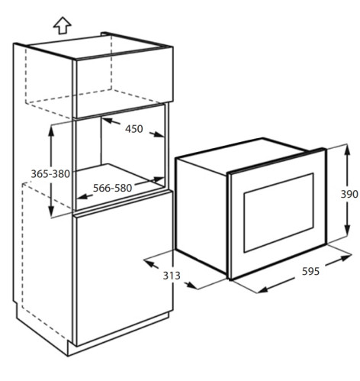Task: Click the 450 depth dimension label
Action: pos(133,129)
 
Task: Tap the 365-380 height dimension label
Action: pos(50,174)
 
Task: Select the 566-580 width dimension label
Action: pos(112,188)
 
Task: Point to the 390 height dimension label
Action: pos(349,194)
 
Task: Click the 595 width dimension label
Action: pos(310,271)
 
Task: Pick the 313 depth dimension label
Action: pos(172,276)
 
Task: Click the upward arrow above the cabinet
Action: pos(63,25)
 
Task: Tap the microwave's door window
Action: pos(278,213)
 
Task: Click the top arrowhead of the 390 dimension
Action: pos(348,150)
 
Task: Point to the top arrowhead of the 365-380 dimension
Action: pos(51,131)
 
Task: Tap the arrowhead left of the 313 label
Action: pos(150,263)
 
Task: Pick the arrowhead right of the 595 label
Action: pos(346,257)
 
